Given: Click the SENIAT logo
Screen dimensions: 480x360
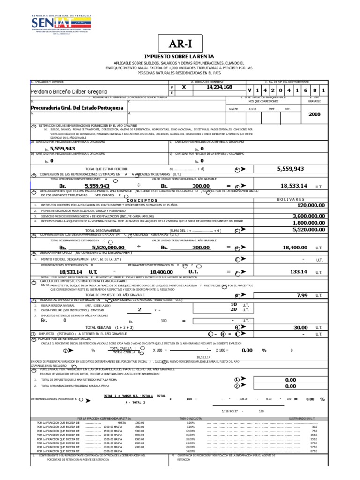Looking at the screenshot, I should pos(62,24).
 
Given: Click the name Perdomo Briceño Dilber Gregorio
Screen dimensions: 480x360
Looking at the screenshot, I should pos(69,91).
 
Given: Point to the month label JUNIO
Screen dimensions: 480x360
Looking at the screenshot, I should pos(252,109).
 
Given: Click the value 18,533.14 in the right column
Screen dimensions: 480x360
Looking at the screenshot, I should pos(294,186).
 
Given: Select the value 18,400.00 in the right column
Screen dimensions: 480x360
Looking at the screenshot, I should pos(294,247).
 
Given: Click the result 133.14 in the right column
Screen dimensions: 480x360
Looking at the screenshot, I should pos(298,271).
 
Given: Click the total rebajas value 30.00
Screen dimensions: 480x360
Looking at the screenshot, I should pos(300,327).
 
